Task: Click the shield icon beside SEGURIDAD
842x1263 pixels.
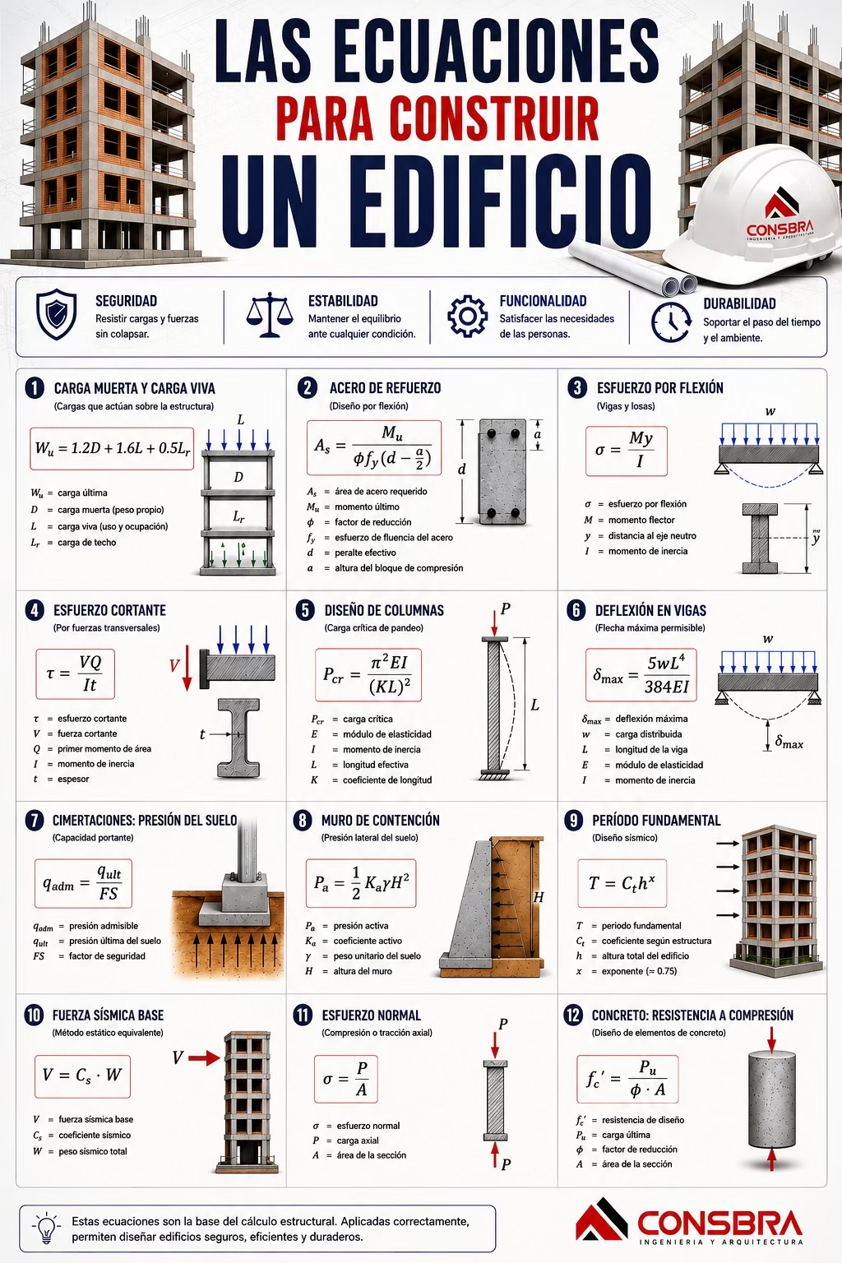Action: click(56, 315)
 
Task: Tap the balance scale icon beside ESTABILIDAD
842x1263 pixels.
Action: click(271, 315)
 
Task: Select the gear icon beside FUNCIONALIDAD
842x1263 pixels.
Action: click(467, 317)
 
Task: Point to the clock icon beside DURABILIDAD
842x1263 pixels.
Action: click(671, 322)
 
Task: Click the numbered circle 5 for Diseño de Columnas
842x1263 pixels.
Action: click(305, 610)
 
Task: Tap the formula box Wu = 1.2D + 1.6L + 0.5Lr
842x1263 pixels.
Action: click(112, 449)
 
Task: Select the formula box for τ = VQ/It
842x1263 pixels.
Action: click(75, 673)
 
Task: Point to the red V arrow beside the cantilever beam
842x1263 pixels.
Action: click(187, 669)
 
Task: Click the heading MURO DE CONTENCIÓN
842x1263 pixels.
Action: click(380, 821)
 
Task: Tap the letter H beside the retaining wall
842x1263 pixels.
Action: click(538, 896)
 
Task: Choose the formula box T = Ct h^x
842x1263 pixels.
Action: click(622, 883)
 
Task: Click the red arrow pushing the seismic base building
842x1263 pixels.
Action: click(204, 1058)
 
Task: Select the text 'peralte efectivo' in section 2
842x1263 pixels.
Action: click(365, 553)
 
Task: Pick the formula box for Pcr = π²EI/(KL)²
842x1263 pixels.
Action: click(368, 675)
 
